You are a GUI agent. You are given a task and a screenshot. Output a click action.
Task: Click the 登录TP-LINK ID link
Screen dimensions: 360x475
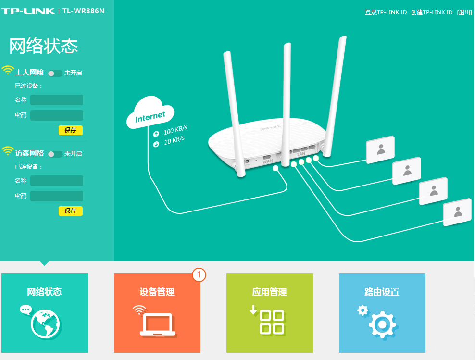click(x=386, y=12)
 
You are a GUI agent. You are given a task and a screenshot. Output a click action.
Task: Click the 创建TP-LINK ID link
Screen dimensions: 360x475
click(x=431, y=12)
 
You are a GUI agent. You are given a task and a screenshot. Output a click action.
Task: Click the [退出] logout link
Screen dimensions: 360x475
click(x=464, y=12)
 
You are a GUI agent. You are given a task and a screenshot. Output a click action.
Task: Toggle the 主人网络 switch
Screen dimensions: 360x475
click(x=55, y=73)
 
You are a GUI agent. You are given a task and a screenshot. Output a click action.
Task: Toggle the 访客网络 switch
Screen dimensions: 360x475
click(x=55, y=154)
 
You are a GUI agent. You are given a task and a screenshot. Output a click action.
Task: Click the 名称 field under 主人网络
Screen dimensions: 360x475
click(x=57, y=100)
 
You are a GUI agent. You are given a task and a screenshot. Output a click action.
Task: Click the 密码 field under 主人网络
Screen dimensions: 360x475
click(x=57, y=115)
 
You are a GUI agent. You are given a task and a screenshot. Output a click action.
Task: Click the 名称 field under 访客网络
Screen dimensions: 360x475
click(x=57, y=181)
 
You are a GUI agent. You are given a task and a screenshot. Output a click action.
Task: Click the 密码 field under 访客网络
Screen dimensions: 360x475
click(x=57, y=196)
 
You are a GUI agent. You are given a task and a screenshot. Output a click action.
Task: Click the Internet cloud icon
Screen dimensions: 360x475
click(x=150, y=113)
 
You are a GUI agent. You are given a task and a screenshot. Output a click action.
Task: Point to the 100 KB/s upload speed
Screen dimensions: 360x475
click(x=175, y=131)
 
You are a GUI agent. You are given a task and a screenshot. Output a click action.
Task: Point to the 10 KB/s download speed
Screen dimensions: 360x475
click(x=174, y=141)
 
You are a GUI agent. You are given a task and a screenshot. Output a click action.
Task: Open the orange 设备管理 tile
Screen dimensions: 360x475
click(x=157, y=312)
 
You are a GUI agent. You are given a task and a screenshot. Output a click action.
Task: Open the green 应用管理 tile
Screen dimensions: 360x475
click(x=270, y=312)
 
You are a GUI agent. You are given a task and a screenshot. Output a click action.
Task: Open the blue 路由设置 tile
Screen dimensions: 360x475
click(x=382, y=312)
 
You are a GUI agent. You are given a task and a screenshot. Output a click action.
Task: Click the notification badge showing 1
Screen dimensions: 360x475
click(x=199, y=275)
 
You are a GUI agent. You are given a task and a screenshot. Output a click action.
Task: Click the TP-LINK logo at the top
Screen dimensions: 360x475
click(x=28, y=11)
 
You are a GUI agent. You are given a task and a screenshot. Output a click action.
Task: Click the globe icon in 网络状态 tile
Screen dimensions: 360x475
click(x=45, y=323)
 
